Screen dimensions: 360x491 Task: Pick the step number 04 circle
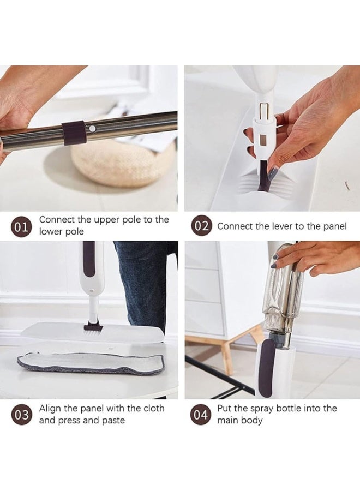pyautogui.click(x=201, y=415)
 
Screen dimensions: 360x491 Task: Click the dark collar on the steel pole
pyautogui.click(x=74, y=133)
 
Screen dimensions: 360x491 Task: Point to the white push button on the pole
pyautogui.click(x=92, y=128)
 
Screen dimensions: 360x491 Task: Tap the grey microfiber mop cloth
pyautogui.click(x=91, y=364)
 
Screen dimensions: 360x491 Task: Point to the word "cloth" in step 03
pyautogui.click(x=154, y=408)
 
